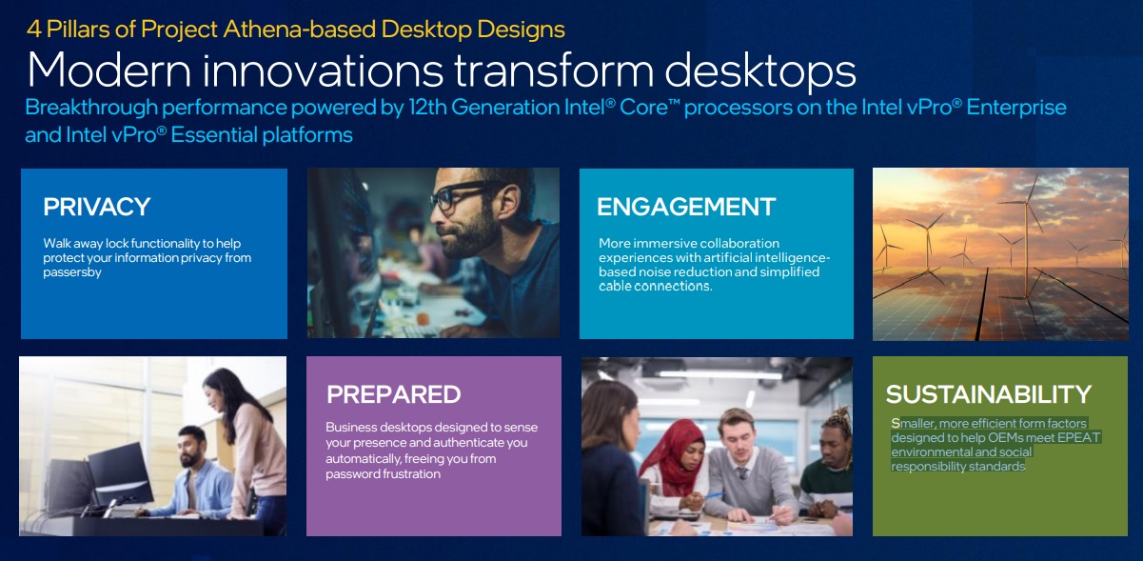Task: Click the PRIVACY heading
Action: point(96,207)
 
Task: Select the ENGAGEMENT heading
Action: point(686,207)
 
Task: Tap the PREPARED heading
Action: point(393,394)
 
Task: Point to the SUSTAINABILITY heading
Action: point(989,394)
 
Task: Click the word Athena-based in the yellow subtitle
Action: point(300,30)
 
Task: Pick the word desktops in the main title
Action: point(760,70)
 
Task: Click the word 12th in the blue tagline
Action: point(427,108)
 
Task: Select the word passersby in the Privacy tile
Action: point(72,272)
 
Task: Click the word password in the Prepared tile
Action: point(348,473)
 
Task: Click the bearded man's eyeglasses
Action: point(462,195)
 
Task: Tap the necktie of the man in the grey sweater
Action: point(743,472)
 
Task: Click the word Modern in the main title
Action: point(109,70)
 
